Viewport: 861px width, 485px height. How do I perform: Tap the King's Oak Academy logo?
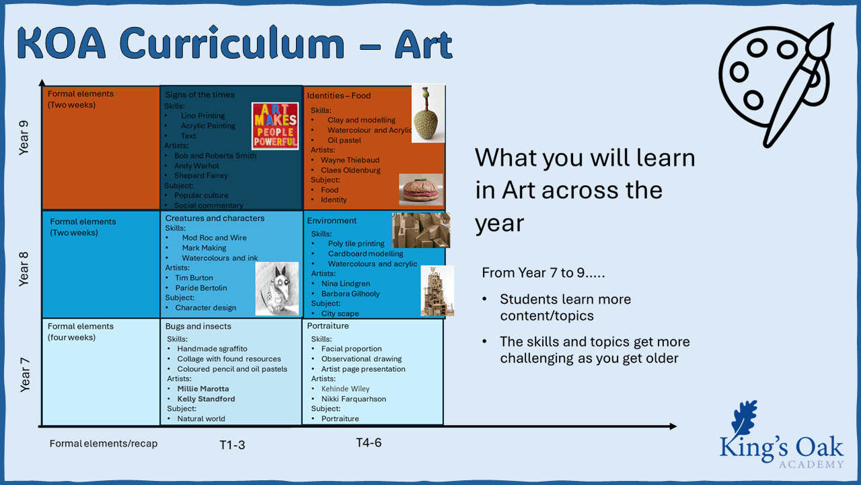(x=782, y=435)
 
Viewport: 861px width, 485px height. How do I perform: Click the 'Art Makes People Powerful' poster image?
(x=275, y=126)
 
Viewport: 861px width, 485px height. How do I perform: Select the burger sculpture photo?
(x=421, y=189)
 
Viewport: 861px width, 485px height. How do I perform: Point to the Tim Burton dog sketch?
(x=277, y=289)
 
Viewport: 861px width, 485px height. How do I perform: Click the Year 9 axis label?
(x=24, y=138)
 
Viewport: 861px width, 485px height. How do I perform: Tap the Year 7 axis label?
(x=25, y=375)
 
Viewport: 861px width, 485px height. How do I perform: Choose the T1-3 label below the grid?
(x=232, y=445)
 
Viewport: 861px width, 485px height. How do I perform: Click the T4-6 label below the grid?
(x=369, y=443)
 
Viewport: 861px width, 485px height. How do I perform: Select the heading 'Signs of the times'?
(x=200, y=95)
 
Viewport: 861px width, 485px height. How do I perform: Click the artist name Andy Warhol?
(x=196, y=166)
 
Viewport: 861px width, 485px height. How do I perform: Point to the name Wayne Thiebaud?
(x=350, y=160)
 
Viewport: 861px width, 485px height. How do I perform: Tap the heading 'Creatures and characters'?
(x=215, y=218)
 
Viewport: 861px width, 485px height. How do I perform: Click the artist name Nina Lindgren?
(x=346, y=284)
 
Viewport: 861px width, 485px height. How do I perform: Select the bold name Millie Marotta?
(x=203, y=389)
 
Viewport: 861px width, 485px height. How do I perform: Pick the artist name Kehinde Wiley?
(x=346, y=389)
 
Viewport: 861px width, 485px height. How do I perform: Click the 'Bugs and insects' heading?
(x=198, y=327)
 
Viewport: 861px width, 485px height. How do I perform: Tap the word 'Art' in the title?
(x=424, y=44)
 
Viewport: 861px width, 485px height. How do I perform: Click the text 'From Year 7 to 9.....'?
(x=544, y=273)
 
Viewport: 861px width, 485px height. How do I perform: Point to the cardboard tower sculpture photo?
(x=437, y=291)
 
